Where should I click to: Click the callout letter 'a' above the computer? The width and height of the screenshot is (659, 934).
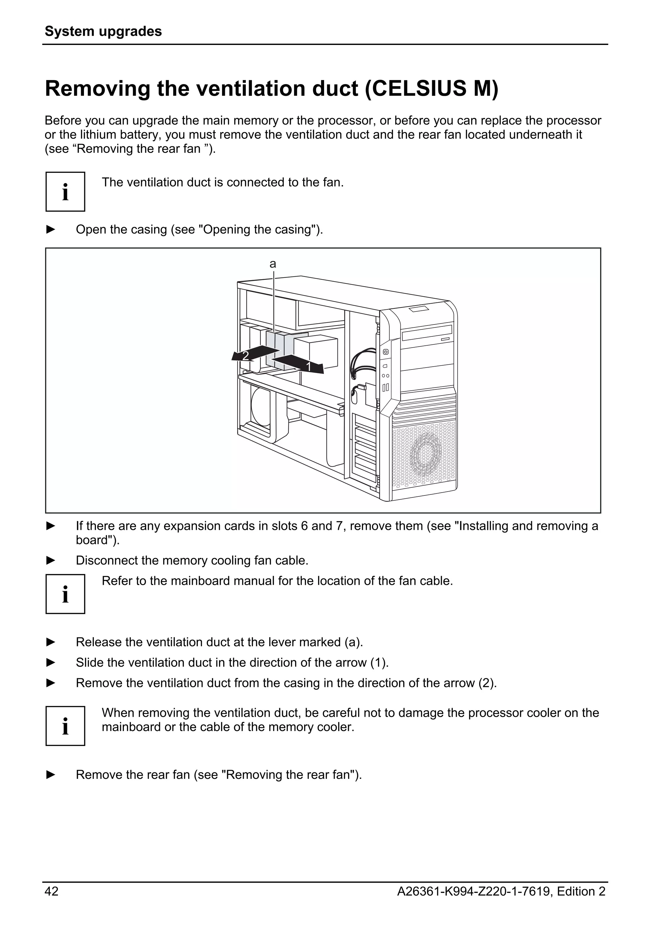pos(273,264)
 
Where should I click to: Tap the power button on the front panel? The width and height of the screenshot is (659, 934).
pos(386,352)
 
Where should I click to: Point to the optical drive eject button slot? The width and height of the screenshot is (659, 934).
pos(445,338)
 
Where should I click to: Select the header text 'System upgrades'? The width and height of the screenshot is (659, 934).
pos(103,31)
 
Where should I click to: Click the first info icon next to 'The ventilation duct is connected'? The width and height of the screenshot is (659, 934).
pos(65,191)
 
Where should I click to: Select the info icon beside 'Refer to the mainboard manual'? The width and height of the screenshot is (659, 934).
pos(65,594)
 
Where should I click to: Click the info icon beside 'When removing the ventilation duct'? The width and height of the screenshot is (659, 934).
pos(65,726)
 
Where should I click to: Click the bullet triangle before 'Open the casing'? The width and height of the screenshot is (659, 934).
pos(51,229)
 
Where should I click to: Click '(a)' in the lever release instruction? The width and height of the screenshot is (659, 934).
pos(353,642)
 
